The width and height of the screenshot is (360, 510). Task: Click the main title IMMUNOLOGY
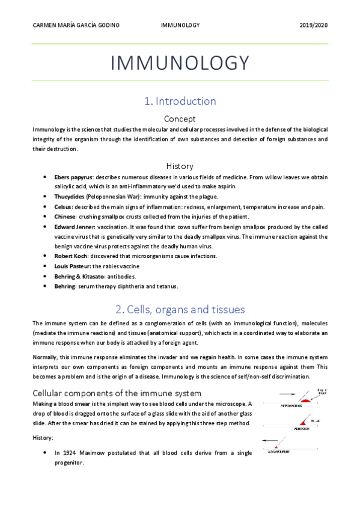click(180, 63)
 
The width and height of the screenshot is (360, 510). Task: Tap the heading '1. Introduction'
click(180, 101)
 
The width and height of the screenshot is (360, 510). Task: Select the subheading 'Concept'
click(180, 119)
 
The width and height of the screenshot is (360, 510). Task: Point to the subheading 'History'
click(180, 165)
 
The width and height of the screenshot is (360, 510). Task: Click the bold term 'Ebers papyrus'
click(73, 178)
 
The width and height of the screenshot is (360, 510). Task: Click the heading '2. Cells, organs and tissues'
click(180, 310)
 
